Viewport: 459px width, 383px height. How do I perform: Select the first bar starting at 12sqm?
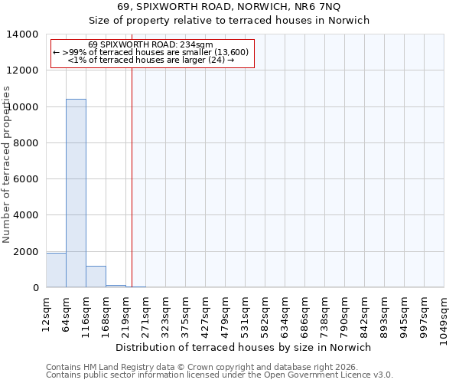point(56,270)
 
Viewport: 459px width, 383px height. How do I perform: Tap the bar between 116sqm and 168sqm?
point(96,277)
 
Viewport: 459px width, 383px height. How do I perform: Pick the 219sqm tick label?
point(126,311)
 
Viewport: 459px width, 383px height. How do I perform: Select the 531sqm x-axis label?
point(246,311)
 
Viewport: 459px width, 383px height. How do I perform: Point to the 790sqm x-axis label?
point(345,311)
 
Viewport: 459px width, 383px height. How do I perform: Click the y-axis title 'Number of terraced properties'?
point(7,164)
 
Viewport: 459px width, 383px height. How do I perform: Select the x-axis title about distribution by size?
point(245,347)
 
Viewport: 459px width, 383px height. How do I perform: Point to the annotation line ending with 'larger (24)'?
point(151,59)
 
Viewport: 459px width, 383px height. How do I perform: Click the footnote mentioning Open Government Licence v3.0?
point(220,375)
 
